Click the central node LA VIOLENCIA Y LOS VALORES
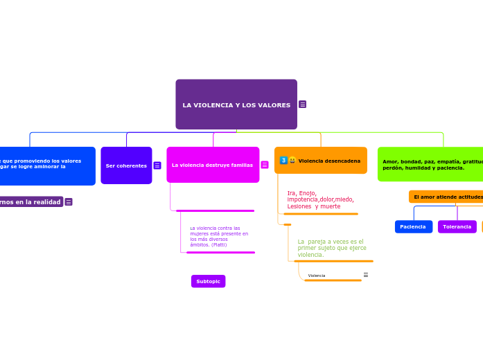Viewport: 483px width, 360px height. (236, 105)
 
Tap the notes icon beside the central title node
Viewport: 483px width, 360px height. (303, 105)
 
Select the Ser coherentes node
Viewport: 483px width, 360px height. (126, 165)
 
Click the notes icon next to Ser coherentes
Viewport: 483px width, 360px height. (157, 165)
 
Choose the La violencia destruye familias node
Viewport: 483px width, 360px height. (213, 165)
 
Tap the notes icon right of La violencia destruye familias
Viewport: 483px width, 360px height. (265, 165)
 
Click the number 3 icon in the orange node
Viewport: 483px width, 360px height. (283, 161)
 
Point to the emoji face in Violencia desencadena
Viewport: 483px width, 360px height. (292, 161)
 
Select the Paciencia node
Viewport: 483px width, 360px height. (413, 226)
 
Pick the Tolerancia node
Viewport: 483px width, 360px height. (457, 226)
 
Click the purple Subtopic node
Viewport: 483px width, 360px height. (208, 281)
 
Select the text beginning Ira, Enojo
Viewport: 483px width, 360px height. (320, 199)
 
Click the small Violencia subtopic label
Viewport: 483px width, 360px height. (317, 276)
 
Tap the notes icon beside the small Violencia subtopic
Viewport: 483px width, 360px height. (365, 275)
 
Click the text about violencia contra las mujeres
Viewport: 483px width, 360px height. (218, 236)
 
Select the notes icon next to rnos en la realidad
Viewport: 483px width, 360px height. (69, 201)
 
